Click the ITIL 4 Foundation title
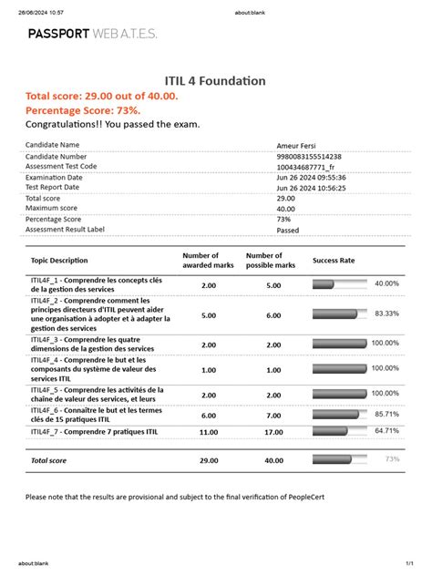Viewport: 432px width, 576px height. (x=215, y=81)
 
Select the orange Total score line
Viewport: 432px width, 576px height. (x=102, y=96)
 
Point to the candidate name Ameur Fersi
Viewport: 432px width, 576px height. (x=299, y=146)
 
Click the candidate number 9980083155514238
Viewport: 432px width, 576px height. (x=309, y=157)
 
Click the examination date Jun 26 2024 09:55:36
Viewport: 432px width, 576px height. (x=310, y=178)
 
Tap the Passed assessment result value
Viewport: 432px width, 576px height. (x=287, y=230)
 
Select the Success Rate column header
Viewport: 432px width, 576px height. (x=334, y=261)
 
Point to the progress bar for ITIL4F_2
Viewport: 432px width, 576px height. (x=338, y=314)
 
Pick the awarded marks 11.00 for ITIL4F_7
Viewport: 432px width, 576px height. (x=209, y=432)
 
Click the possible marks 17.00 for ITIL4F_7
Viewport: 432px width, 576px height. (x=273, y=432)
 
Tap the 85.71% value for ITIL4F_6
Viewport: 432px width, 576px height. (x=386, y=414)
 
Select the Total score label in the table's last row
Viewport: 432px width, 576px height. (x=51, y=461)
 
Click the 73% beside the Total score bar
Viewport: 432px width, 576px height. (x=392, y=459)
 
